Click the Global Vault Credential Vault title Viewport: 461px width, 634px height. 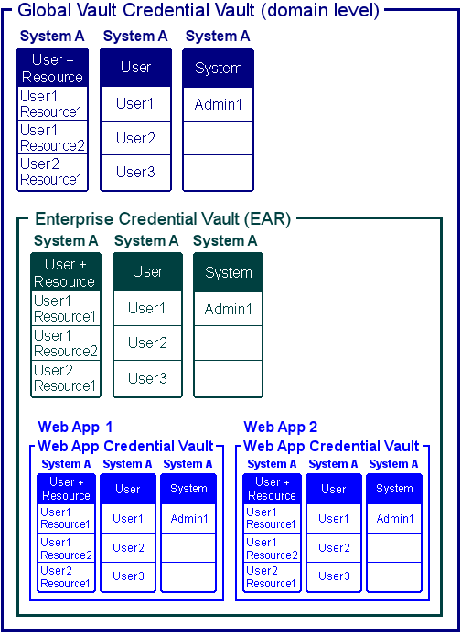[198, 11]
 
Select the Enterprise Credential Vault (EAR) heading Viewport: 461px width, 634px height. [162, 219]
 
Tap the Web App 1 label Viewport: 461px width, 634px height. [76, 428]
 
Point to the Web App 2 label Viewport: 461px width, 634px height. [281, 428]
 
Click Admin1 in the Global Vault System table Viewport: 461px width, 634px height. [218, 104]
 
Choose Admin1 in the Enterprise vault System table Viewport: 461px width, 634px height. [228, 309]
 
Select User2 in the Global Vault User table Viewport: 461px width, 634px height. [134, 138]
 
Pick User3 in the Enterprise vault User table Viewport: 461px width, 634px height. [147, 378]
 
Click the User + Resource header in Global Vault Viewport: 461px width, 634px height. [52, 69]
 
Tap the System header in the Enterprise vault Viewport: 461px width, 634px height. [228, 272]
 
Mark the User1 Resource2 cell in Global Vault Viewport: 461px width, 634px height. [52, 138]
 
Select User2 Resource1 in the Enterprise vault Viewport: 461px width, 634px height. [65, 378]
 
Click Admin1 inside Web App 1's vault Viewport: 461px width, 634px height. [188, 519]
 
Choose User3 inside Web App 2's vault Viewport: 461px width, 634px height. [334, 576]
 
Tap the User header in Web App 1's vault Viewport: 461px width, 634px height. [128, 489]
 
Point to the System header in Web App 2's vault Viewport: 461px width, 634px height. [394, 489]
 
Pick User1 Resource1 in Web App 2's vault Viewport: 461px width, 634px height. [271, 519]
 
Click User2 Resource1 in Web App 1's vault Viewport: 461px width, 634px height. [65, 576]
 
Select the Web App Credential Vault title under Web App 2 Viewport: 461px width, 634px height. [331, 447]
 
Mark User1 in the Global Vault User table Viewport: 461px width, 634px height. [134, 104]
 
